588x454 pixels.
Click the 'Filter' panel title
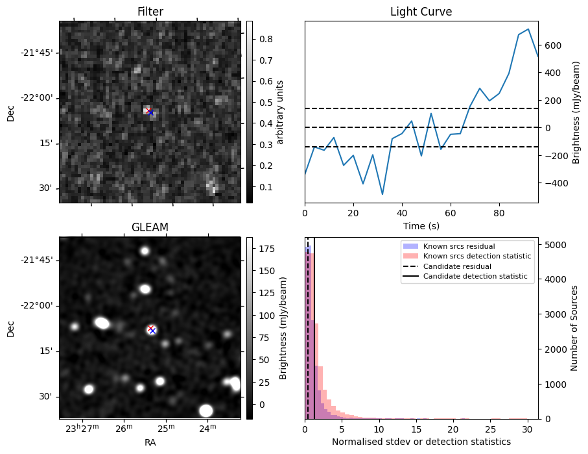click(150, 12)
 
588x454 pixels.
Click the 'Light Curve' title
click(421, 12)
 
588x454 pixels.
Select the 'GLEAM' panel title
click(150, 227)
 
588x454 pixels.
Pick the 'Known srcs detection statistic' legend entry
click(476, 256)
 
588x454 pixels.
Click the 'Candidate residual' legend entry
click(458, 266)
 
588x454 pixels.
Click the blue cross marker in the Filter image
click(150, 112)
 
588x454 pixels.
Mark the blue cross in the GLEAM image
click(152, 331)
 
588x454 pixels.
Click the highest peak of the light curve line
click(528, 29)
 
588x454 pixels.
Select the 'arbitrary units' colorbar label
click(280, 112)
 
